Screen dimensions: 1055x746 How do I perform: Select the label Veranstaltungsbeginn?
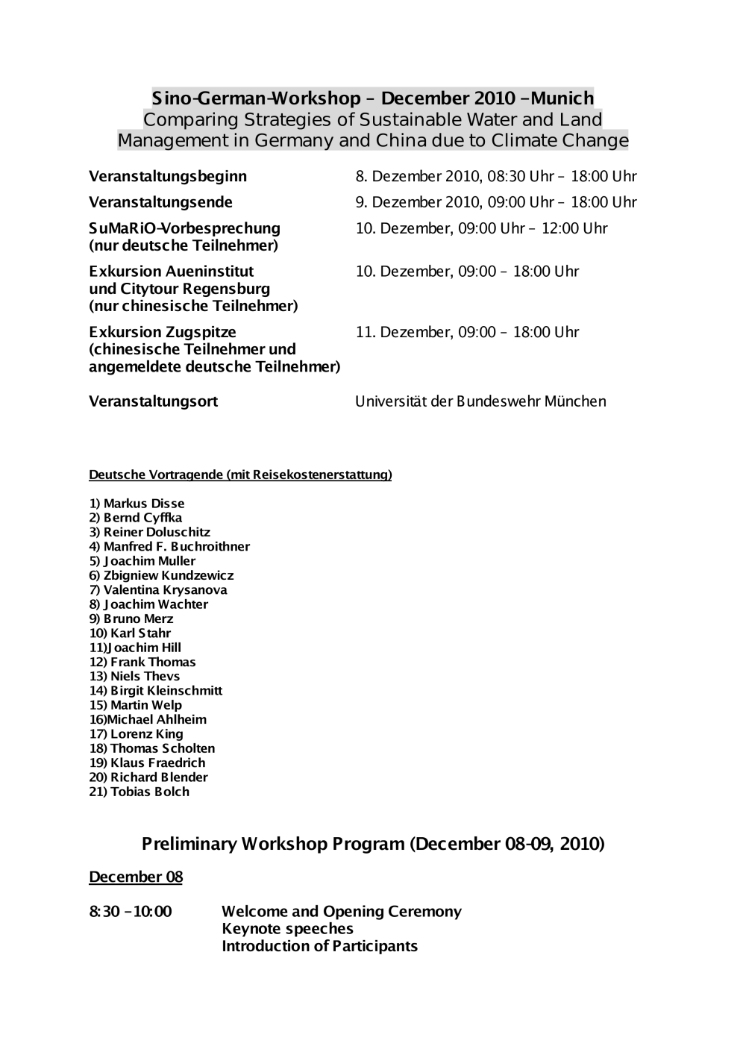tap(168, 177)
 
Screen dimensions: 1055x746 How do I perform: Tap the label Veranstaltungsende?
tap(160, 202)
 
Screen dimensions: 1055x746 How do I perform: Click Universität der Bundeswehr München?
tap(480, 401)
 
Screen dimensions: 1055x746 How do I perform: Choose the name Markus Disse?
tap(143, 504)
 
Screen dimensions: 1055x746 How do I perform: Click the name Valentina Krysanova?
tap(165, 590)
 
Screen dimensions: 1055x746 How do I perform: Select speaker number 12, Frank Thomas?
tap(152, 662)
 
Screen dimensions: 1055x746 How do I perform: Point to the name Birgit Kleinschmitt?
tap(166, 691)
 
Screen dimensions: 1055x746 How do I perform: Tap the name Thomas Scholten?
tap(162, 748)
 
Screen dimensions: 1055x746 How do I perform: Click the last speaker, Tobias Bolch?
tap(149, 792)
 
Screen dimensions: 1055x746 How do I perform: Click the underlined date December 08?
tap(136, 877)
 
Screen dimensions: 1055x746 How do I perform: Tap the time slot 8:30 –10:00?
tap(131, 912)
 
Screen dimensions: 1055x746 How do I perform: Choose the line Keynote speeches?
tap(287, 929)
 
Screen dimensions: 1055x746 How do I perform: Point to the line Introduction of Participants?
tap(319, 946)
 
